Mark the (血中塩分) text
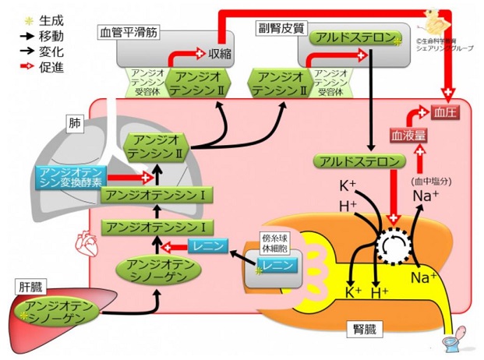click(x=426, y=181)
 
